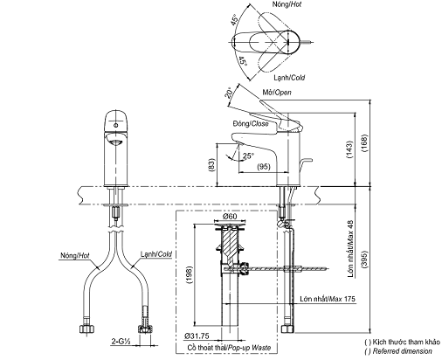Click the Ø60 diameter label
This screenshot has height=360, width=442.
click(x=231, y=217)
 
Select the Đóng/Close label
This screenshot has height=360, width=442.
click(x=252, y=123)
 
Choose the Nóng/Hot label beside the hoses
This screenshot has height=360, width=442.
click(x=74, y=257)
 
